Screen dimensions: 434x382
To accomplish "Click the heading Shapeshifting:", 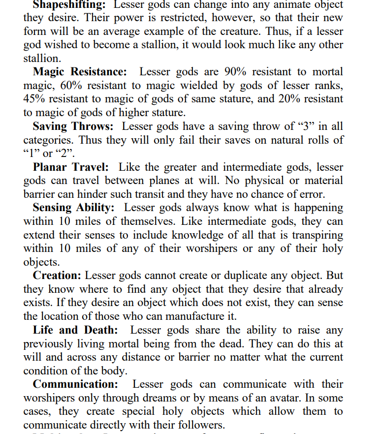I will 69,5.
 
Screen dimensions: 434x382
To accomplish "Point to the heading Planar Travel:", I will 71,167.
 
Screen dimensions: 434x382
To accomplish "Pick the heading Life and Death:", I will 75,330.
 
